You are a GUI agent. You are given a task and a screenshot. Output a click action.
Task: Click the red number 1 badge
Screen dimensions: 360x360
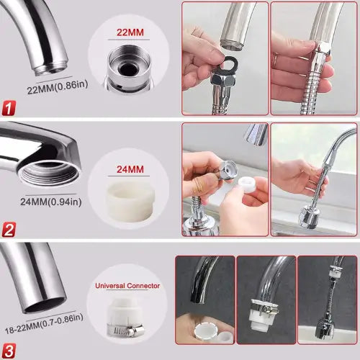click(x=9, y=109)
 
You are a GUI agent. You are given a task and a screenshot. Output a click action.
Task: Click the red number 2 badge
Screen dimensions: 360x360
click(x=9, y=230)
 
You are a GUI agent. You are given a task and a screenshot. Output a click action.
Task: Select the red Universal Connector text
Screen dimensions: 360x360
click(x=128, y=285)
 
